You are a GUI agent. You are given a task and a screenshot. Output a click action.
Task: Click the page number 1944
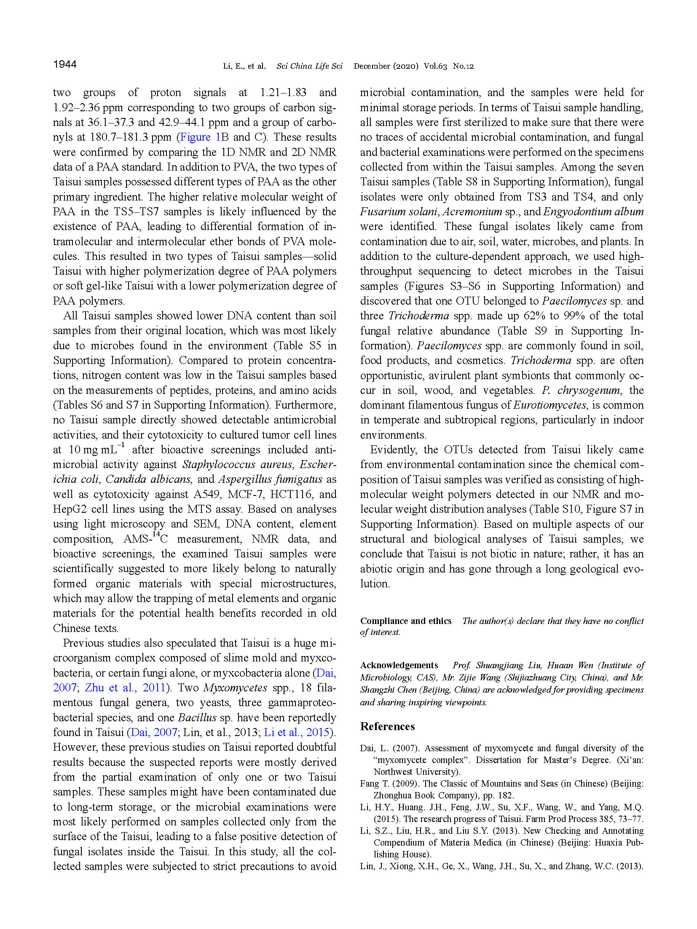[65, 64]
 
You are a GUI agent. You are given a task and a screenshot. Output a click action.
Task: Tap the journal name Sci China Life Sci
[309, 66]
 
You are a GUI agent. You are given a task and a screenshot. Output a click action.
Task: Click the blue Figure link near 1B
[195, 137]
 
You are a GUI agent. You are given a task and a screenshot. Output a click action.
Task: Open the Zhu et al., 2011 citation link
[125, 688]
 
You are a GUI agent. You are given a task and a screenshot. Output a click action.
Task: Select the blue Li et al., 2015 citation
[297, 732]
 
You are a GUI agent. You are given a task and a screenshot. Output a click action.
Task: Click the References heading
[387, 726]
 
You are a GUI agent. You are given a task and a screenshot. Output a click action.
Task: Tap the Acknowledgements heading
[399, 665]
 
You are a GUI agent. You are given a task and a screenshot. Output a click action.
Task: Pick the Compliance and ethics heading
[405, 621]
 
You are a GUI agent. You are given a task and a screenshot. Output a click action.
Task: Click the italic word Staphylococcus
[219, 464]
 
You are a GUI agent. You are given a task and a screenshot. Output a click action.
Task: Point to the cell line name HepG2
[70, 509]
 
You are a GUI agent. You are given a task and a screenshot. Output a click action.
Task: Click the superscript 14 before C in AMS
[156, 535]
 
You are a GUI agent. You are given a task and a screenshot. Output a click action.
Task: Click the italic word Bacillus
[197, 717]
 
